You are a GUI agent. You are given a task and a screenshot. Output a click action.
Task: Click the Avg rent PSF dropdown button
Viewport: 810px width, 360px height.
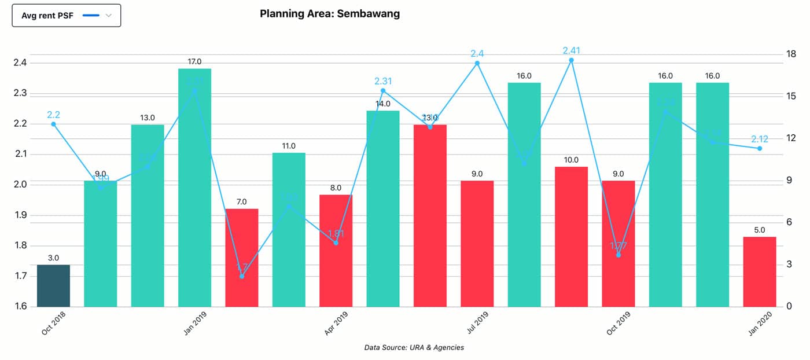[x=66, y=16]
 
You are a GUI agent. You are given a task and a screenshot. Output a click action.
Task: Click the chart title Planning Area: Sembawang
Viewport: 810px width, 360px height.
[x=330, y=13]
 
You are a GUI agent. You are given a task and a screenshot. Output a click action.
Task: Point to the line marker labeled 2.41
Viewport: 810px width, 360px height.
[x=571, y=60]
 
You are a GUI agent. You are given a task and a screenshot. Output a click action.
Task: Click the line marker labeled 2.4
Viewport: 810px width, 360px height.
[x=477, y=63]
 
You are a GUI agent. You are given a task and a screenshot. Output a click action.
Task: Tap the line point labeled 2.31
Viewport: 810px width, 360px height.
[x=383, y=91]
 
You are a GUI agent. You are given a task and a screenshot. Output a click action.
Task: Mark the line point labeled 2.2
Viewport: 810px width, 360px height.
[x=53, y=124]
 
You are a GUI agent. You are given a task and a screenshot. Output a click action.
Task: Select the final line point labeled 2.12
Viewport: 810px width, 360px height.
[x=760, y=149]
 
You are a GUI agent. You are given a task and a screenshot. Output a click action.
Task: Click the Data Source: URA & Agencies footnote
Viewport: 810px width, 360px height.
[x=414, y=348]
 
